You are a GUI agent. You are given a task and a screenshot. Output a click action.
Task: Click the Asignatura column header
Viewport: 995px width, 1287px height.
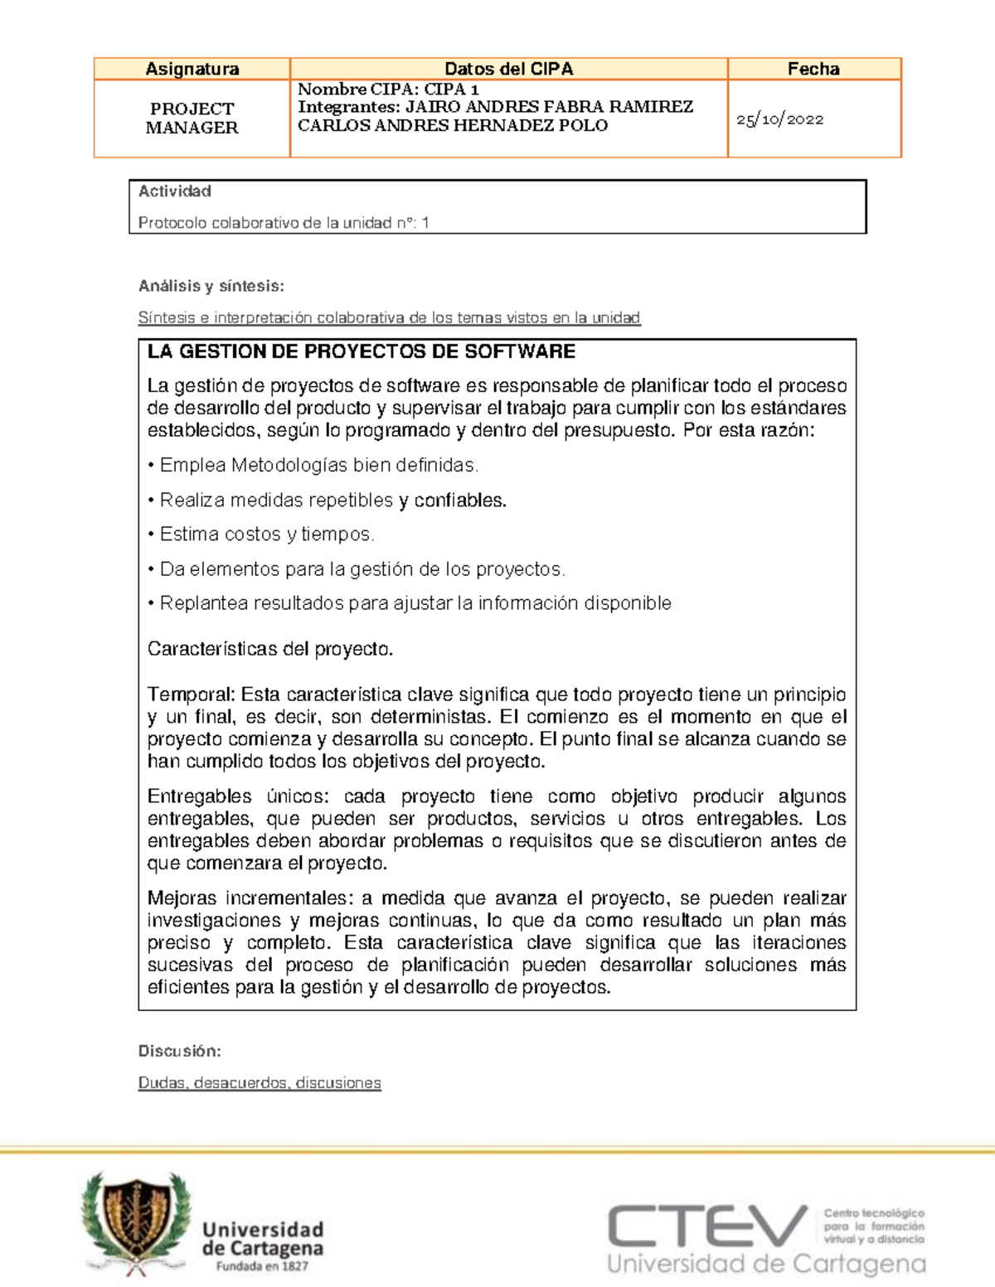click(192, 69)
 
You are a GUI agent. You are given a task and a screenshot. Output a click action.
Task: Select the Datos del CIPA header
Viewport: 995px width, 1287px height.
click(508, 69)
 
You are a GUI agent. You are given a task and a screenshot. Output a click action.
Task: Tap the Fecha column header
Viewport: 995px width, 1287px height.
click(813, 69)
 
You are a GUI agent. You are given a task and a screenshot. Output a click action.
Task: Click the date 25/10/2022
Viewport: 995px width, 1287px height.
click(779, 119)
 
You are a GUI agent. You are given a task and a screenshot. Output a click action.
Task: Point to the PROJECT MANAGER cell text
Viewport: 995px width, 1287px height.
click(192, 118)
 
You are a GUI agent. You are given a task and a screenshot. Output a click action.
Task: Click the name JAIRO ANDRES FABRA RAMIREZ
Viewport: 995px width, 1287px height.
click(549, 107)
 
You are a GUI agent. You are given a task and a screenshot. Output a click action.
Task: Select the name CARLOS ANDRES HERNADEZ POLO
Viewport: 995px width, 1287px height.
click(453, 126)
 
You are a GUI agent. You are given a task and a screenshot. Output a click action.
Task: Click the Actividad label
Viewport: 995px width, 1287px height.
click(174, 191)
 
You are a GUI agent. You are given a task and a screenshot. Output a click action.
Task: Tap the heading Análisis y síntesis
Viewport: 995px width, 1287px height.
click(211, 286)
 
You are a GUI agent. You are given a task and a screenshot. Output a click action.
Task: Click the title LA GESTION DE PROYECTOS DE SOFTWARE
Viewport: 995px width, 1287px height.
click(361, 351)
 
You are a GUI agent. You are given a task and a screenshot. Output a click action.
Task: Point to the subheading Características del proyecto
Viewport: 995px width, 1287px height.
click(269, 649)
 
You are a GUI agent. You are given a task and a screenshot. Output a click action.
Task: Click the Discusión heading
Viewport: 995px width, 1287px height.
click(179, 1051)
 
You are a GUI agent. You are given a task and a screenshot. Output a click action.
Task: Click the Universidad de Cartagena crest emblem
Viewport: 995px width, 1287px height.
click(137, 1222)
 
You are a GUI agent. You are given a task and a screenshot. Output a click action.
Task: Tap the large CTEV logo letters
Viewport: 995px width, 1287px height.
click(707, 1227)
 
